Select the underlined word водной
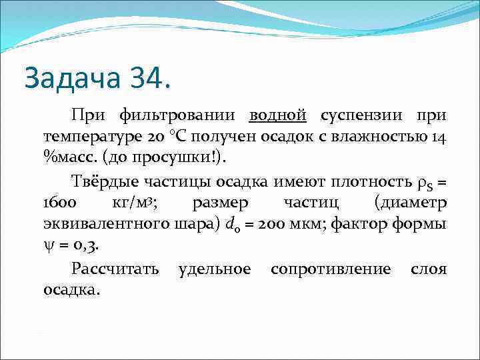coord(278,115)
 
